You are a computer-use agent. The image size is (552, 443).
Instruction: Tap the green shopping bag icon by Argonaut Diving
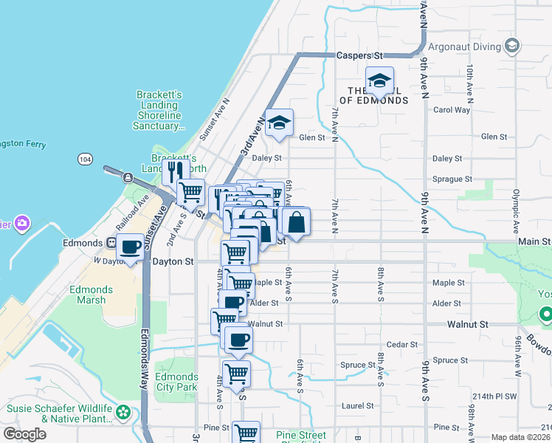tap(512, 47)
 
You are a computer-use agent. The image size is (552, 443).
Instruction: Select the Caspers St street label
tap(361, 55)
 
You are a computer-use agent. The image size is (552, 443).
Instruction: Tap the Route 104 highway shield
tap(83, 159)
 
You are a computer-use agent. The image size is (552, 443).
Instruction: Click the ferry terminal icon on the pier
tap(128, 177)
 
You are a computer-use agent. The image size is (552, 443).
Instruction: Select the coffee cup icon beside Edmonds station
tap(131, 247)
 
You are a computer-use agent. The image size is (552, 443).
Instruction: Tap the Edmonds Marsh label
tap(91, 295)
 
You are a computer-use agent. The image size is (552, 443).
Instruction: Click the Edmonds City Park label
tap(176, 382)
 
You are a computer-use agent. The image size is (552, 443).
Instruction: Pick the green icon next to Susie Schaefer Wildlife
tap(125, 413)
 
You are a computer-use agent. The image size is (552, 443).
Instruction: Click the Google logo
tap(24, 434)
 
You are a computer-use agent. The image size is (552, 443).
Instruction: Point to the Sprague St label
tap(452, 179)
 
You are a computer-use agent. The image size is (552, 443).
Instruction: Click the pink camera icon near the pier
tap(22, 222)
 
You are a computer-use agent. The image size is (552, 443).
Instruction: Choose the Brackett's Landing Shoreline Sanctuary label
tap(159, 110)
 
